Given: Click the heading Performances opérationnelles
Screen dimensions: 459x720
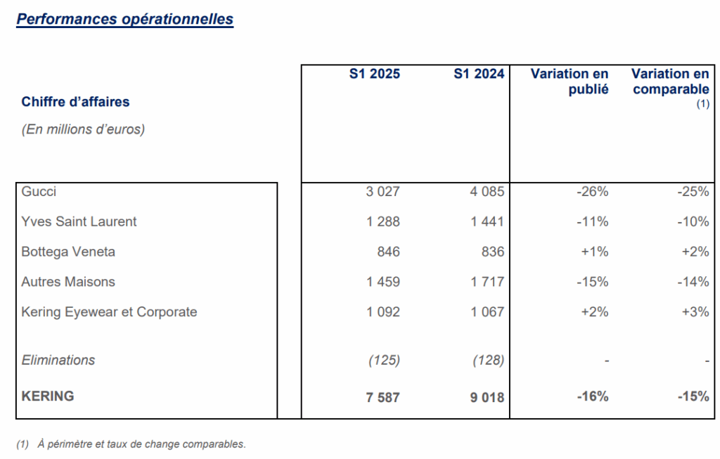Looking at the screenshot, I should [x=124, y=19].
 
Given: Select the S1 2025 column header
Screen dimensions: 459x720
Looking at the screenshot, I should [x=374, y=74].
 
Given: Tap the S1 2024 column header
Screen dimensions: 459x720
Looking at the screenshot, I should [x=479, y=74].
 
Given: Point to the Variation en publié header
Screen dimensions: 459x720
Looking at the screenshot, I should [x=570, y=82].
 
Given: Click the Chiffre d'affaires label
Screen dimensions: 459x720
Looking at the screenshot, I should [x=75, y=102].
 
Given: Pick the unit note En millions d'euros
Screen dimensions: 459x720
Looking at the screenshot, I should [x=83, y=129].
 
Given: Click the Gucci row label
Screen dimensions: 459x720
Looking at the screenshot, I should [x=39, y=191].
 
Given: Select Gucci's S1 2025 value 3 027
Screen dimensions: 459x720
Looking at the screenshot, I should [x=382, y=192].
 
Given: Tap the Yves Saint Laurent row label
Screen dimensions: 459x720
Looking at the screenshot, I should [x=79, y=221].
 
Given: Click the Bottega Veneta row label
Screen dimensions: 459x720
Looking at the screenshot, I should [x=68, y=252].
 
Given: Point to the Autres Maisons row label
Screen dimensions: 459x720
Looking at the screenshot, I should [x=68, y=282].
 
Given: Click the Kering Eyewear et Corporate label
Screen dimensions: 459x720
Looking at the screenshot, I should [x=109, y=312].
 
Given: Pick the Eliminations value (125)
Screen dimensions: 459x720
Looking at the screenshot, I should [x=384, y=361].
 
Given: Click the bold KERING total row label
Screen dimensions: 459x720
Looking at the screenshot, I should [x=47, y=396].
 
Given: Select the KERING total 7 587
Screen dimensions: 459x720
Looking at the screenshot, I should [x=382, y=397].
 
